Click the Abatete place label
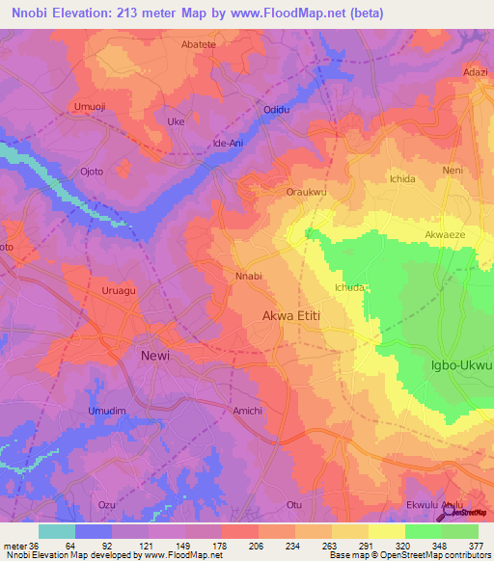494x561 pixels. pyautogui.click(x=199, y=44)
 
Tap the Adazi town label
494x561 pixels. pyautogui.click(x=476, y=72)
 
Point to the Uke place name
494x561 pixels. pyautogui.click(x=176, y=122)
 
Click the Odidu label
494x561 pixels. pyautogui.click(x=277, y=110)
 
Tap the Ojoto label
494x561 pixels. pyautogui.click(x=92, y=172)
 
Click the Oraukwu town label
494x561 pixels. pyautogui.click(x=307, y=192)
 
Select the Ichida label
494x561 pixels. pyautogui.click(x=402, y=180)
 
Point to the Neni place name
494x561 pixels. pyautogui.click(x=453, y=170)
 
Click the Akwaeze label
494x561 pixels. pyautogui.click(x=446, y=234)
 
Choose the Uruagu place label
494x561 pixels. pyautogui.click(x=121, y=288)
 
